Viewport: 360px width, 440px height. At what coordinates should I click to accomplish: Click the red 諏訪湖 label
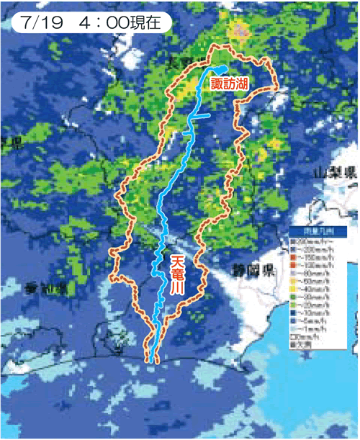(x=229, y=84)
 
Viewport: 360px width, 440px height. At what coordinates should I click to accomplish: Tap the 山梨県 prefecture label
(x=336, y=173)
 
